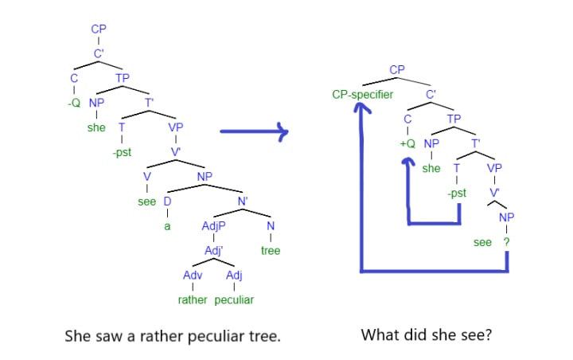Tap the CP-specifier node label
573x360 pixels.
click(363, 95)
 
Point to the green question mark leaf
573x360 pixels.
click(506, 241)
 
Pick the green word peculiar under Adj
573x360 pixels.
click(234, 300)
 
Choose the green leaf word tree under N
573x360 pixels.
click(271, 251)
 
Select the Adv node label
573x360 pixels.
click(193, 276)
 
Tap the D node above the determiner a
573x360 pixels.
click(168, 201)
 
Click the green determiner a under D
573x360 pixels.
click(168, 226)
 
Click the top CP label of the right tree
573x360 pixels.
click(397, 69)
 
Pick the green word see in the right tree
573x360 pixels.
click(482, 241)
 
